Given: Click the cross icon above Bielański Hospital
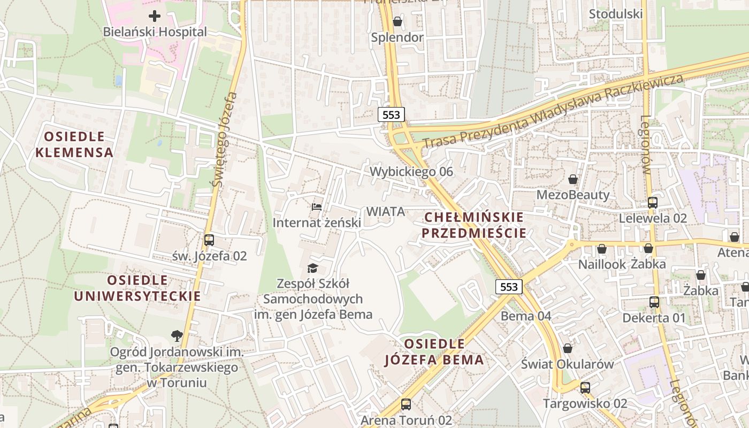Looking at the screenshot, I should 155,16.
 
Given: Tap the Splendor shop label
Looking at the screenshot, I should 398,37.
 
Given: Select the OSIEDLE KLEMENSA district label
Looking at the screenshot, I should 74,144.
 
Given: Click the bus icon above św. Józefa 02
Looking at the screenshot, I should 209,240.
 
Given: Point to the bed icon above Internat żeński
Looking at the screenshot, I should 317,207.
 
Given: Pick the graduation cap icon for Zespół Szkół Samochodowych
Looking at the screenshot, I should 312,268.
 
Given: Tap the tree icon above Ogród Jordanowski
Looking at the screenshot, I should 177,336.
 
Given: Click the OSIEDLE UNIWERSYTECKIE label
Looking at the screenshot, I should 137,288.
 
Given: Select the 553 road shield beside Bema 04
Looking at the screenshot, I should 508,287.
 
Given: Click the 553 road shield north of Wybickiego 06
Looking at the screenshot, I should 391,114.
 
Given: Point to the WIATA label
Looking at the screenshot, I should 386,211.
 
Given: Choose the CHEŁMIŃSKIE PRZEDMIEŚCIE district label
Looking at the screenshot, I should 474,225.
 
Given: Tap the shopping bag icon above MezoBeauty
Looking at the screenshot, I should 573,179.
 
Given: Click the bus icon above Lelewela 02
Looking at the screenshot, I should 653,203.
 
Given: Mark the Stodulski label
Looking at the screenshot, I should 616,14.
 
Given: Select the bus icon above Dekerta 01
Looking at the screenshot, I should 654,302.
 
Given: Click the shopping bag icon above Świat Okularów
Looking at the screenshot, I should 568,348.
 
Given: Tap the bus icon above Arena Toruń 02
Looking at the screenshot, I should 406,404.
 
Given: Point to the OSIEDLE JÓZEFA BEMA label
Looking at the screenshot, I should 434,351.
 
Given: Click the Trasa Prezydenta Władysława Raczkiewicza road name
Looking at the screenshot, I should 553,112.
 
